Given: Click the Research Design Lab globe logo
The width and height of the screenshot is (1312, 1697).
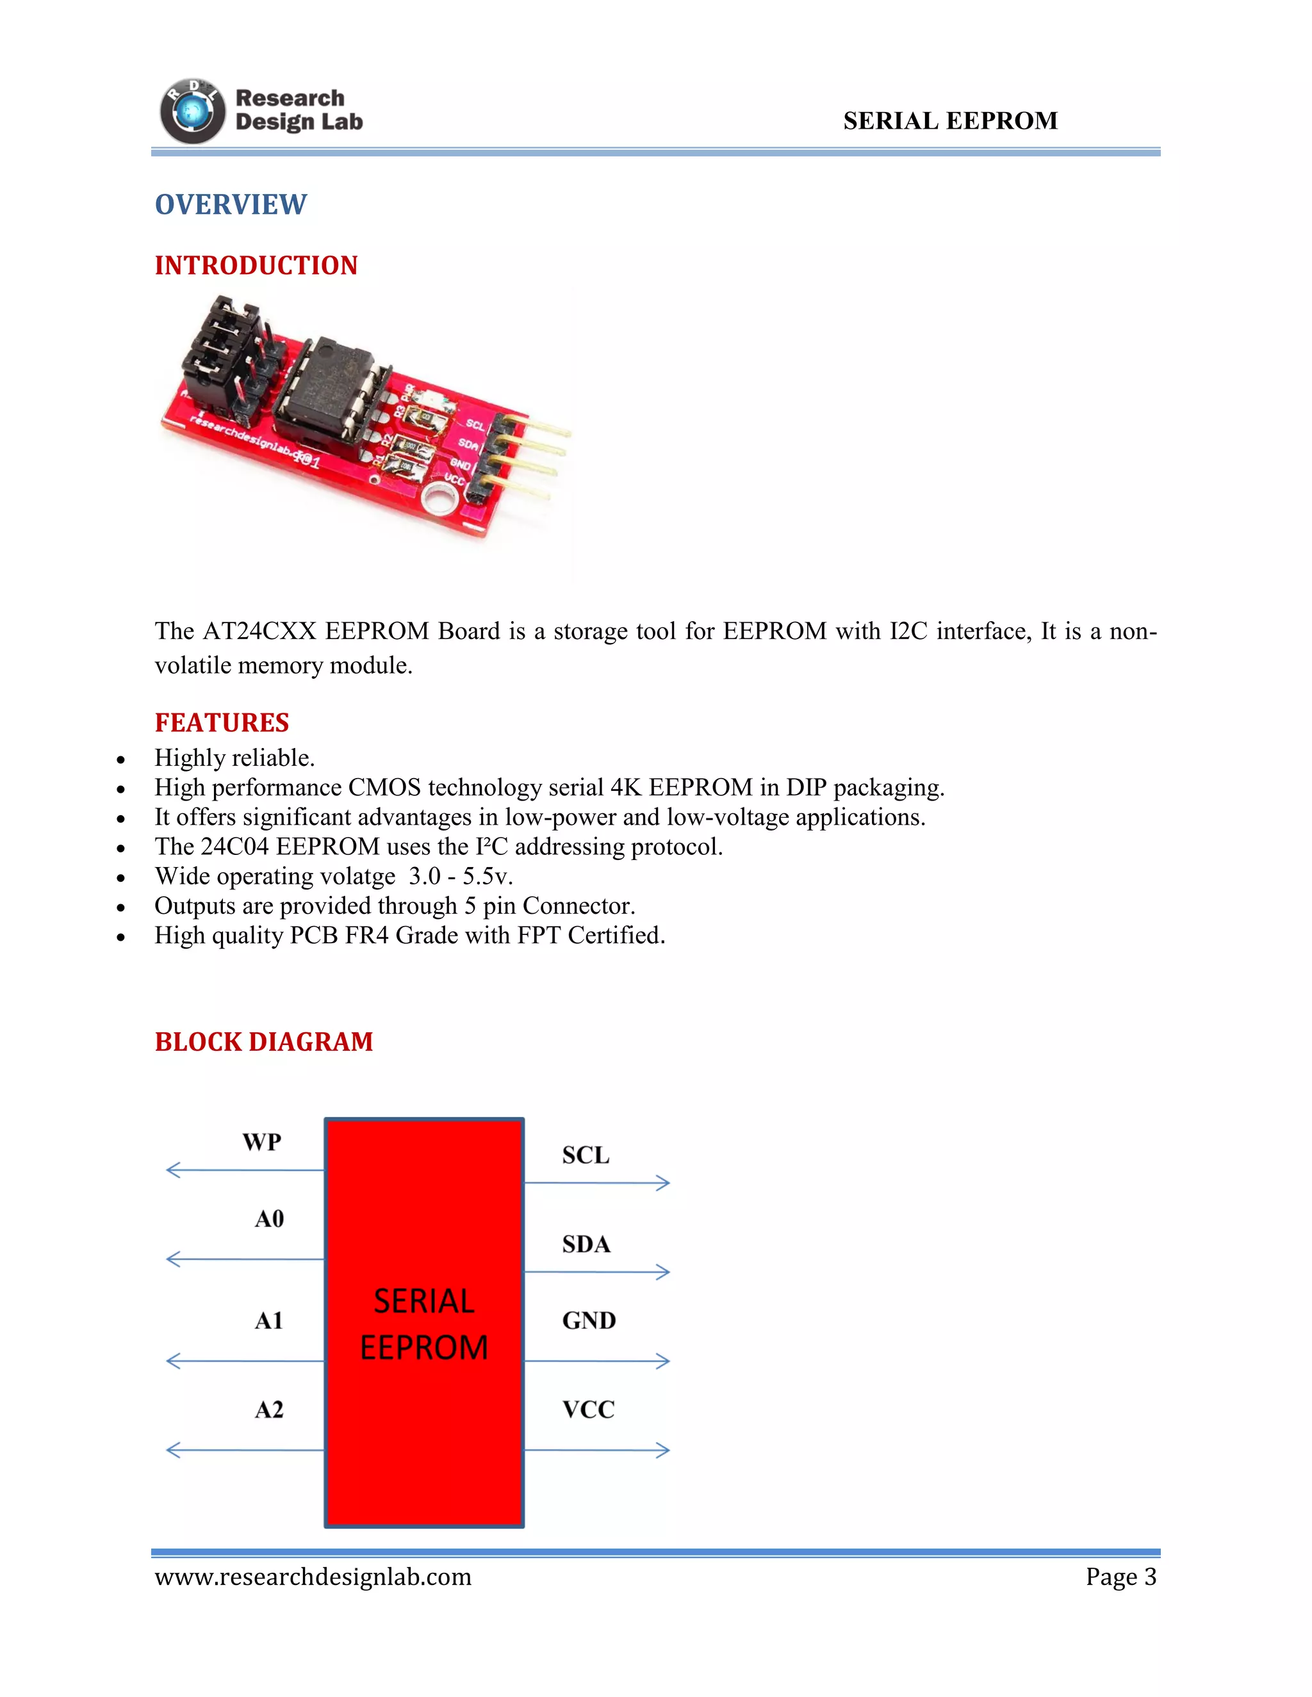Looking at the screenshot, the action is [192, 112].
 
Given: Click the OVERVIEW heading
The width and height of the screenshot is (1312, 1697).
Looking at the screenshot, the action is [231, 204].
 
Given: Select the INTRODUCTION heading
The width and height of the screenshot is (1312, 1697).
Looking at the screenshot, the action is [256, 266].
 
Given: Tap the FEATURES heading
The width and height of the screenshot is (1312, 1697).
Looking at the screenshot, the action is [222, 722].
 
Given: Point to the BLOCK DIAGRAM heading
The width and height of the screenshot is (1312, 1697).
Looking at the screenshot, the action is [263, 1042].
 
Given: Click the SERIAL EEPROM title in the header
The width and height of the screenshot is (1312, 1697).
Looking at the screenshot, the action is [950, 121].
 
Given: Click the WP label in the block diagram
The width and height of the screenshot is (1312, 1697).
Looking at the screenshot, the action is [262, 1142].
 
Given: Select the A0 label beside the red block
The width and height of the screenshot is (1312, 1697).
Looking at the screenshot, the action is [270, 1219].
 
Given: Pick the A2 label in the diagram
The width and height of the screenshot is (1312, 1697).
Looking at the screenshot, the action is [269, 1409].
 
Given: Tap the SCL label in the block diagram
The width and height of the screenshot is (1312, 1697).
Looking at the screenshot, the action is [586, 1155].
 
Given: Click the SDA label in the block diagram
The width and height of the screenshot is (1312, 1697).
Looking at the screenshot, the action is [586, 1245].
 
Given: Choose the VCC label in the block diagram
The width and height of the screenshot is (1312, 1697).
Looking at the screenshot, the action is [588, 1409].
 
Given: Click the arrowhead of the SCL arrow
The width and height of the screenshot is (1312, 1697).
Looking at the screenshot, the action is [663, 1183].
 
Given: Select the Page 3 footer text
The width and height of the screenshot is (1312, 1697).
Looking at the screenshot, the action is [1121, 1577].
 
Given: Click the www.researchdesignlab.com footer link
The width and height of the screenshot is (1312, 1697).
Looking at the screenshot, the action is [313, 1577].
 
